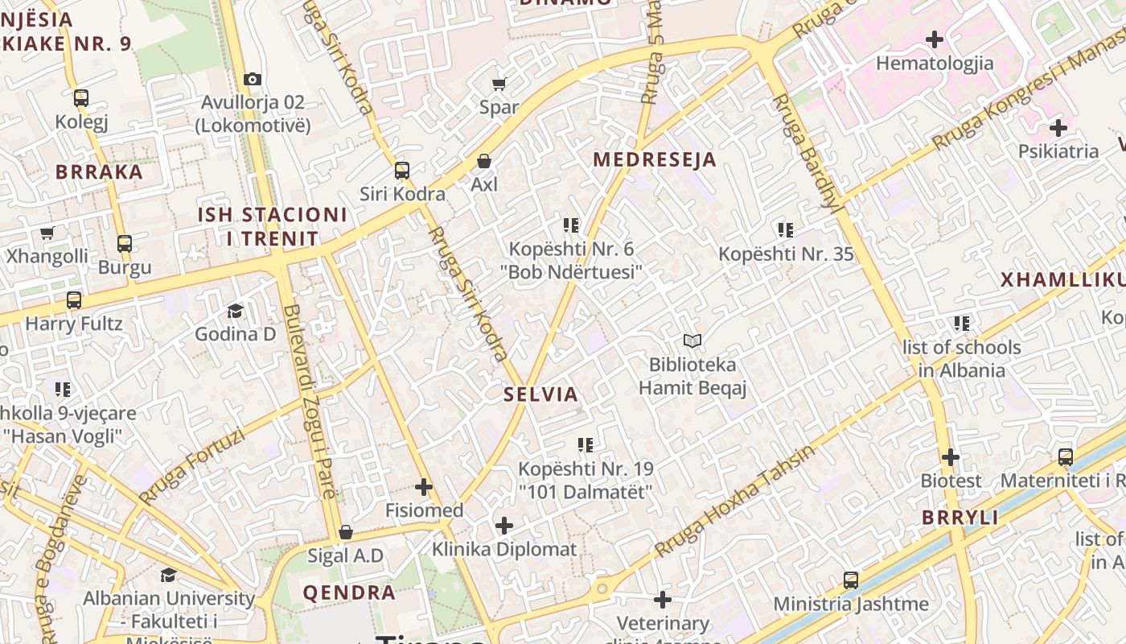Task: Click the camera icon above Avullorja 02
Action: (x=253, y=79)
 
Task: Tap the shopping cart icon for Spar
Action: (x=499, y=84)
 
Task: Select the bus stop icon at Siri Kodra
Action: (x=402, y=171)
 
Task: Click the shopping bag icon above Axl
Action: (x=484, y=162)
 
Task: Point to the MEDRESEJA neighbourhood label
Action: (x=654, y=159)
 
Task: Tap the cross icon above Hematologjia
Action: (x=935, y=39)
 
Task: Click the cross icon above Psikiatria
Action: (x=1058, y=127)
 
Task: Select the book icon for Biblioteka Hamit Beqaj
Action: (x=692, y=341)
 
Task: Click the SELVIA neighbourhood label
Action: (x=540, y=394)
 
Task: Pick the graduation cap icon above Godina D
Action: (x=235, y=311)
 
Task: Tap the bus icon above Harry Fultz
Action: (x=74, y=300)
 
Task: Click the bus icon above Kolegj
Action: (x=81, y=98)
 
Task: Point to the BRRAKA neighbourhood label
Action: (x=99, y=171)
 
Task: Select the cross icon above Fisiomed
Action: (x=424, y=487)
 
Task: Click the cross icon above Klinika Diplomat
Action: (x=504, y=526)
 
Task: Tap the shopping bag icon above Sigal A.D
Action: (x=346, y=532)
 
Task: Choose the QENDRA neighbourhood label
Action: (x=349, y=593)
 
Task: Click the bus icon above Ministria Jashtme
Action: (x=850, y=580)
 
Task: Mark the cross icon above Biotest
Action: (x=951, y=457)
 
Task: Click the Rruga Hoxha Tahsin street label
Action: (x=734, y=502)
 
